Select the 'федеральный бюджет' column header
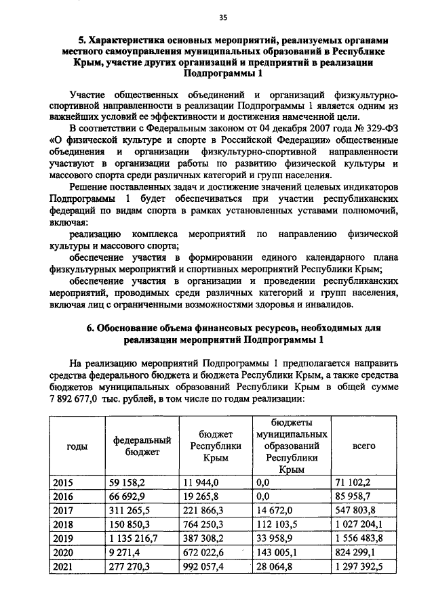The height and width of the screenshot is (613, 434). [142, 446]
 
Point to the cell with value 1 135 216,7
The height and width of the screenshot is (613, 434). [134, 538]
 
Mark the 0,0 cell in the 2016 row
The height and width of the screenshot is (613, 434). [263, 496]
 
